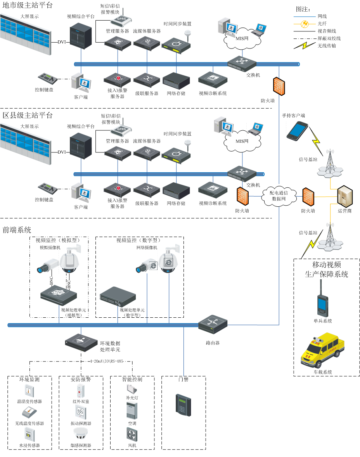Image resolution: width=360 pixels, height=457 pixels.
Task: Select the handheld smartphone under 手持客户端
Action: [298, 130]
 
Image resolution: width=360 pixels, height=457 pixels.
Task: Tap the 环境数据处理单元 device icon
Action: [81, 341]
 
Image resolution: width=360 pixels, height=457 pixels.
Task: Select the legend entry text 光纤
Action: [322, 24]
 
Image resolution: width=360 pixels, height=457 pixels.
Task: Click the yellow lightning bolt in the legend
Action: [305, 46]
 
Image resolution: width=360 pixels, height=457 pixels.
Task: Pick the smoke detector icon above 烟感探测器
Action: [81, 433]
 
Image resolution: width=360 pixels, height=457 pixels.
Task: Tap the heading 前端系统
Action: [17, 230]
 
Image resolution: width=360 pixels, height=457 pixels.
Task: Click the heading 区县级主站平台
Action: [28, 115]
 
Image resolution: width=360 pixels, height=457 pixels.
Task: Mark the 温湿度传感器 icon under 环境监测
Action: [29, 389]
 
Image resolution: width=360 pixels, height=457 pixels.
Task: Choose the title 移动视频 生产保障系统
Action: [327, 270]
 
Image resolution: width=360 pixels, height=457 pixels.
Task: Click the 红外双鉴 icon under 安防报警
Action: [81, 389]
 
